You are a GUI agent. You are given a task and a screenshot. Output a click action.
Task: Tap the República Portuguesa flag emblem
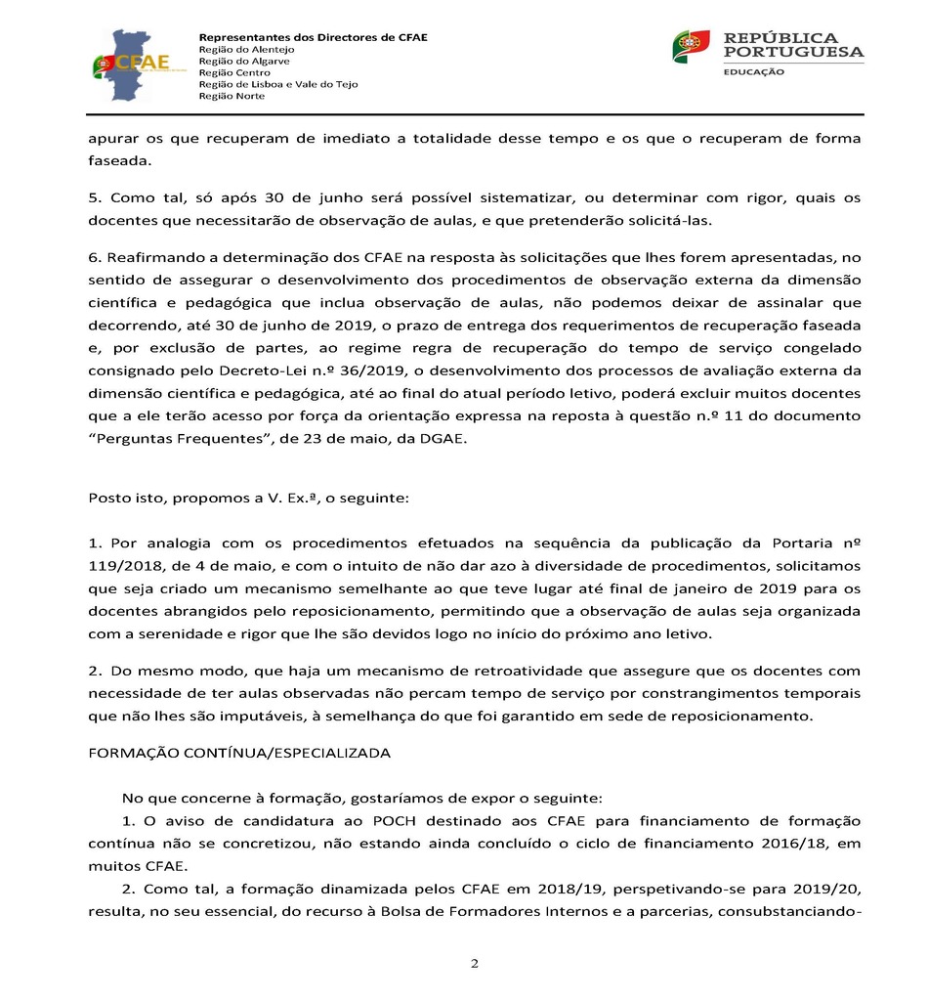[x=691, y=46]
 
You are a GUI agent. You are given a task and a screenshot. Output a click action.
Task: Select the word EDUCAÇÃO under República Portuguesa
[x=753, y=71]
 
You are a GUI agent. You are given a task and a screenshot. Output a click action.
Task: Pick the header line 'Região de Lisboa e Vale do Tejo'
[x=278, y=84]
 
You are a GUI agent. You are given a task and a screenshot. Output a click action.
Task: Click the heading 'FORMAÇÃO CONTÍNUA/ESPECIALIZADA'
[x=239, y=753]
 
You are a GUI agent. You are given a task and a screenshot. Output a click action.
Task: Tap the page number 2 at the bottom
[x=475, y=964]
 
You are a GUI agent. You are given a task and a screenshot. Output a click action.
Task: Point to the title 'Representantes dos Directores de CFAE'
[x=313, y=37]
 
